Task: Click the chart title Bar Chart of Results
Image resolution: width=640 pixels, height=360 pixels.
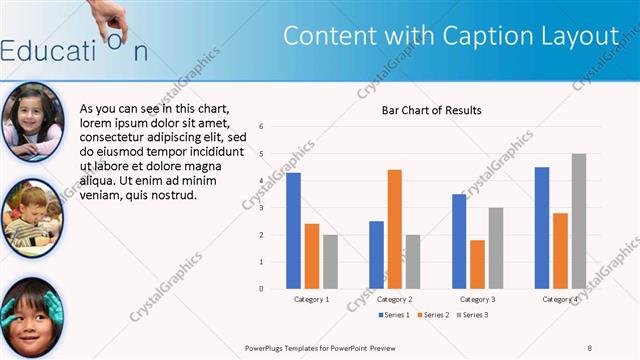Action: click(x=432, y=110)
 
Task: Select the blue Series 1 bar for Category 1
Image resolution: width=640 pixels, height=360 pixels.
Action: click(x=293, y=230)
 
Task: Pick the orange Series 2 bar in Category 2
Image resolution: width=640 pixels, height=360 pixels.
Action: click(x=394, y=229)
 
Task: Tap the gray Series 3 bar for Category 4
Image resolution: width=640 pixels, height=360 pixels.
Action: click(x=579, y=221)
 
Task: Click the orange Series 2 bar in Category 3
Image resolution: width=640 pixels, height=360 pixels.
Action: click(x=477, y=264)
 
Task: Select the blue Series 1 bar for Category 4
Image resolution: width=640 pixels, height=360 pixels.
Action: click(x=542, y=227)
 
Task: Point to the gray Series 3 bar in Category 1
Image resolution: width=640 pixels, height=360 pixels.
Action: click(x=330, y=261)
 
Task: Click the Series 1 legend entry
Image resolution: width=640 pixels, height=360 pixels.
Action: click(x=395, y=316)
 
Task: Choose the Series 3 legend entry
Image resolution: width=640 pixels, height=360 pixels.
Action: click(x=473, y=316)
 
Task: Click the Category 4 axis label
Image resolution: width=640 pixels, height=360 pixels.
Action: click(x=561, y=299)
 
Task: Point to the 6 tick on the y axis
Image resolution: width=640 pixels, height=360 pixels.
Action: click(x=261, y=127)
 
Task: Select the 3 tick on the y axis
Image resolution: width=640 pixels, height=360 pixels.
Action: click(x=261, y=208)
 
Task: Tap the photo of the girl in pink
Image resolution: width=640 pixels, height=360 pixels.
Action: click(x=33, y=121)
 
